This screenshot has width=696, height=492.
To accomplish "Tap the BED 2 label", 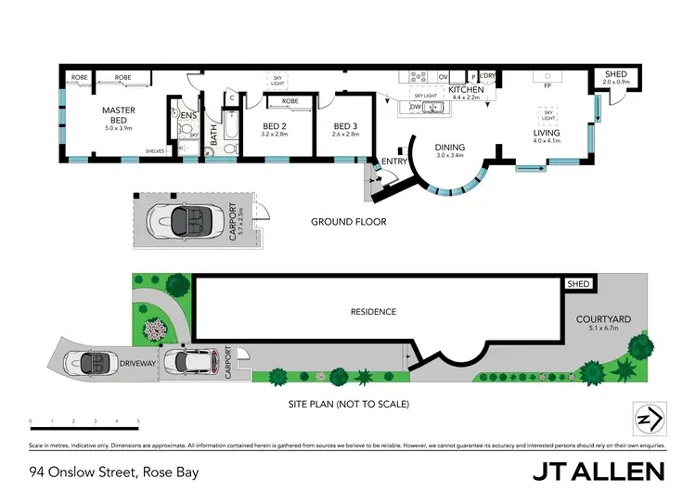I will (276, 126).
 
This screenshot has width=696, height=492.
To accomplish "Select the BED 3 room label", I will (345, 126).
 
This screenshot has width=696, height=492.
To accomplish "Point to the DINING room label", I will (450, 147).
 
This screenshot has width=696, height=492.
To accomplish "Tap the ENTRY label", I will (395, 163).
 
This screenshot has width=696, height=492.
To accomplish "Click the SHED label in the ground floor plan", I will (615, 73).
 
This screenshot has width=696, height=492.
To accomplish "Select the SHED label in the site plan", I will (578, 284).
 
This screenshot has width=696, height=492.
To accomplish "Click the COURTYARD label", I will (610, 319).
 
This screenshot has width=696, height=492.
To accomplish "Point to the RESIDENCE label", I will (373, 312).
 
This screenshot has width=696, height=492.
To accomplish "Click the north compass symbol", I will (647, 419).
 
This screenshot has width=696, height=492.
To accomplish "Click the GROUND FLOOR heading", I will (348, 222).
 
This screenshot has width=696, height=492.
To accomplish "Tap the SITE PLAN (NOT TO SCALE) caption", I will (348, 405).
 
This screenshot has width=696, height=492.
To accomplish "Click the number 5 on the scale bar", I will (138, 421).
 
